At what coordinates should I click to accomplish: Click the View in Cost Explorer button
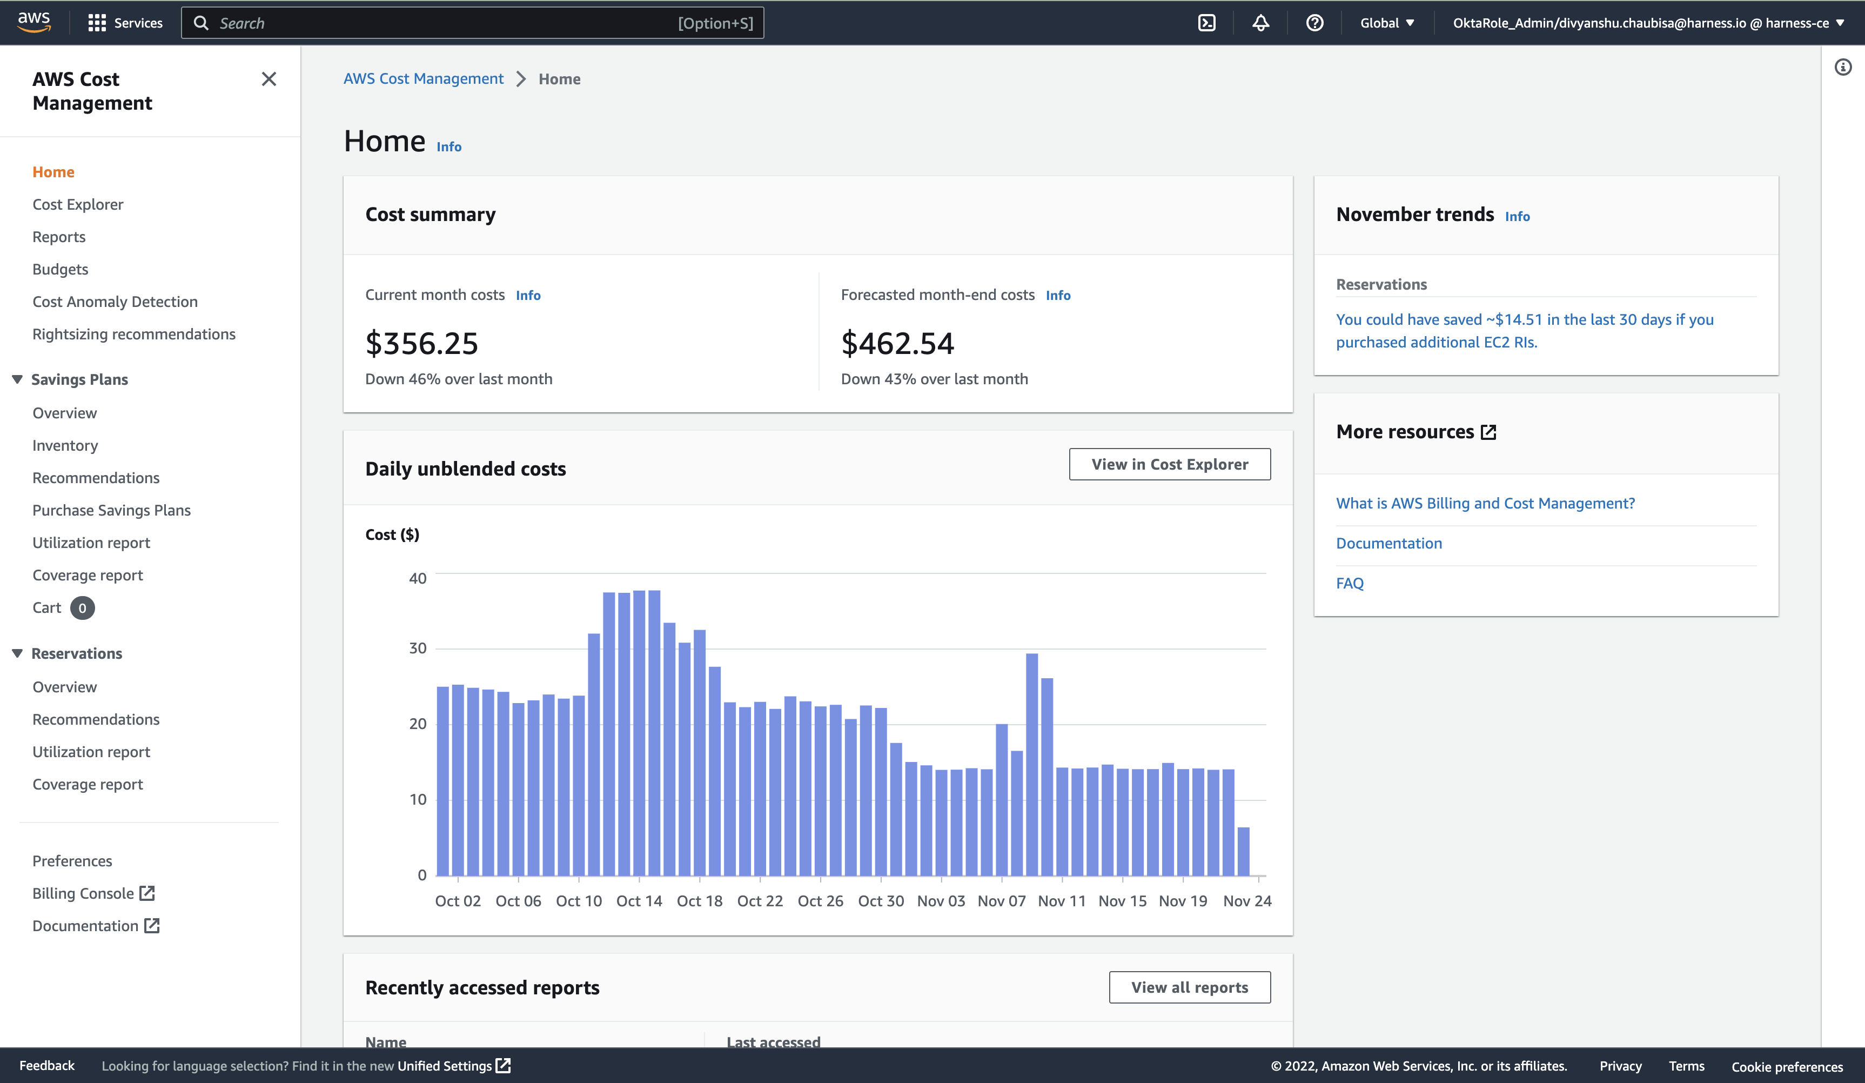pos(1169,464)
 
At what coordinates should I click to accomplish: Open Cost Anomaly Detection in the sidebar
pos(115,302)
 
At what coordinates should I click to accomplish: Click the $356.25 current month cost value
pos(422,344)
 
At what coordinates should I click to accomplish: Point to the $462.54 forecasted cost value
pos(897,344)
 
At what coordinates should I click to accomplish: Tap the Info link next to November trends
pos(1517,217)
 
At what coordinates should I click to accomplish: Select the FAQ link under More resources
pos(1349,583)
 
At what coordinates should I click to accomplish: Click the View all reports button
pos(1189,987)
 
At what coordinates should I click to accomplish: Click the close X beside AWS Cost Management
pos(269,79)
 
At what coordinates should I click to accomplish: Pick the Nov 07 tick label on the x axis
pos(1001,901)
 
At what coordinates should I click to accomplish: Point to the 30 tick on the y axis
pos(418,649)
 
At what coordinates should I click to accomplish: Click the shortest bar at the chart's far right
pos(1243,851)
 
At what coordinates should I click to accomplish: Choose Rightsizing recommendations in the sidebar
pos(134,335)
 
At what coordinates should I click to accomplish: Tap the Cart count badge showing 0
pos(82,609)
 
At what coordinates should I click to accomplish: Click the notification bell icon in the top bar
pos(1260,23)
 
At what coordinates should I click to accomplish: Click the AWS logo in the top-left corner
pos(34,22)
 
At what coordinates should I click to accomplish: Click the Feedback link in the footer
pos(46,1066)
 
